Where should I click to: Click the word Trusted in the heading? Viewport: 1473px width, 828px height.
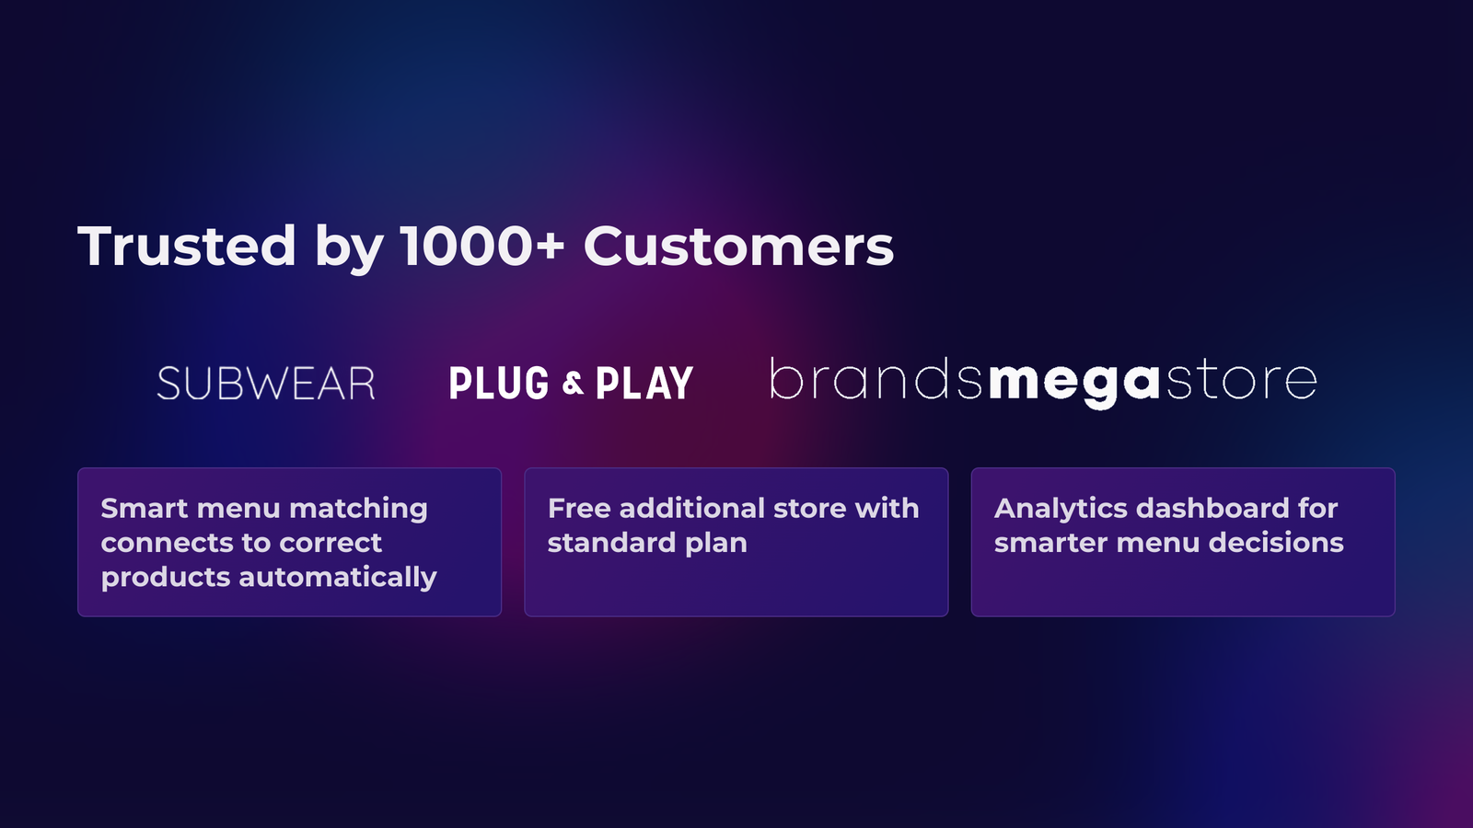(x=187, y=247)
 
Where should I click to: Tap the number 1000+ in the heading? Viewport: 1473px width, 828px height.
(x=482, y=246)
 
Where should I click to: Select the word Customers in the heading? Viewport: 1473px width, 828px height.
(x=738, y=247)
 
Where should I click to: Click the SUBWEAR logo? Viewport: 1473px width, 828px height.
(x=266, y=384)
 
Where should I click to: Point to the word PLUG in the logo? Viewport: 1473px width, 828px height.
(x=499, y=383)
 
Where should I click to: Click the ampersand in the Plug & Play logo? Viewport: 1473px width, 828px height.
(x=573, y=384)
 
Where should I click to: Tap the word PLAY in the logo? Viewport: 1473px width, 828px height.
(x=644, y=383)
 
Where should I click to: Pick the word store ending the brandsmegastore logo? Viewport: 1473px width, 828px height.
(x=1242, y=380)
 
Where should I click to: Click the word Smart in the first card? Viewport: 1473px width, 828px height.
(x=144, y=508)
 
